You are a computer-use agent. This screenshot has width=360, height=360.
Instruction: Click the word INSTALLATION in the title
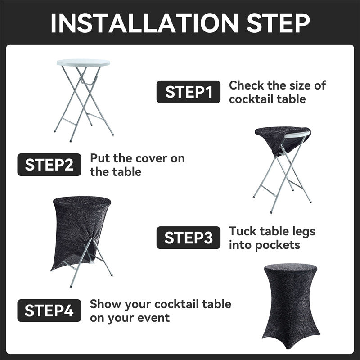click(144, 23)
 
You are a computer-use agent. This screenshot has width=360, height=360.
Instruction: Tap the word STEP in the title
click(278, 23)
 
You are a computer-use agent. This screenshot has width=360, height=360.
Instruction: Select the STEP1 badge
click(188, 92)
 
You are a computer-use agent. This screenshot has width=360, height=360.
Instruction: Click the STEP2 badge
click(49, 165)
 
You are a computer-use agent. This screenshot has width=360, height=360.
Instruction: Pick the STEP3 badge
click(188, 238)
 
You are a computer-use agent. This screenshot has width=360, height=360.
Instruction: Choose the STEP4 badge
click(49, 310)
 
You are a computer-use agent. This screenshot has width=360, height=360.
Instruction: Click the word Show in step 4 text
click(105, 304)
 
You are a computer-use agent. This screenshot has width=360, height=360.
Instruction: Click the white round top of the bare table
click(83, 63)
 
